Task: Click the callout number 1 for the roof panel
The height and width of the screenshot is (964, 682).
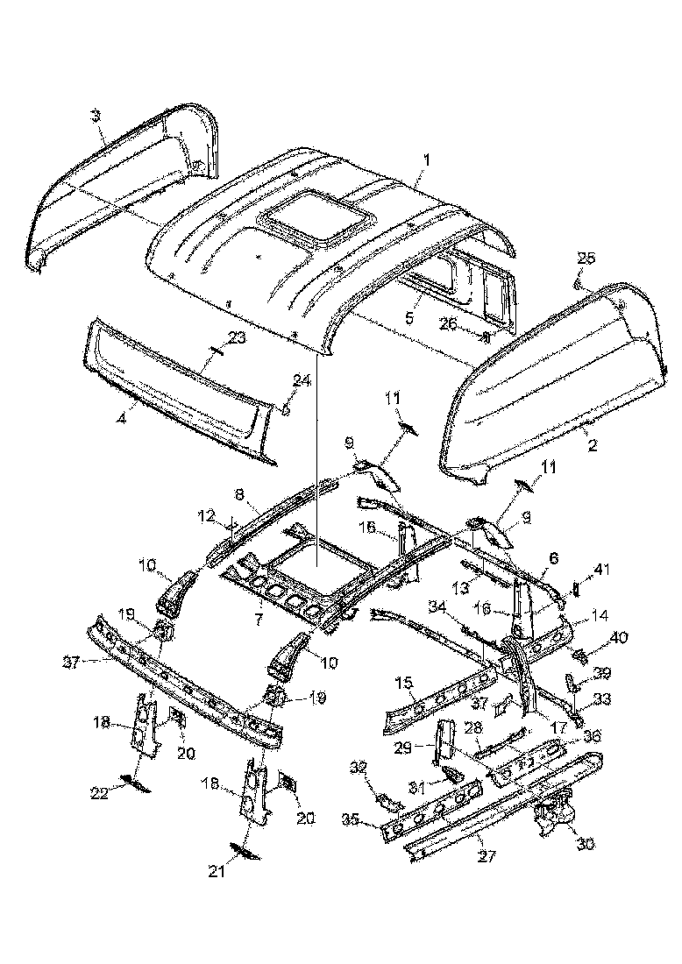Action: point(427,160)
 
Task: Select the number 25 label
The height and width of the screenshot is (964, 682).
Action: point(586,258)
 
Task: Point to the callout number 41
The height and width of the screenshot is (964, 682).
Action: point(600,571)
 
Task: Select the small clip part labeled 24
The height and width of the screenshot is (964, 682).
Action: point(286,408)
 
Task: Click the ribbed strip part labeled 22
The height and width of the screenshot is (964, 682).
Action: point(136,780)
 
